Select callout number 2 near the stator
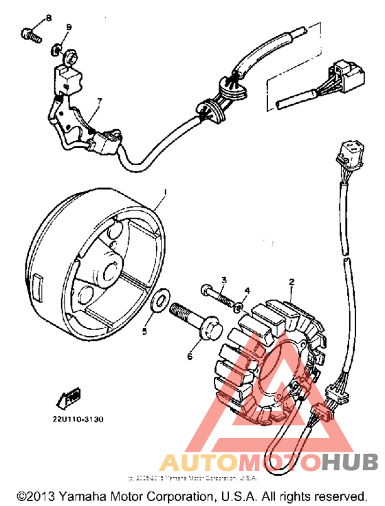291,282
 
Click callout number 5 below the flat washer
144,331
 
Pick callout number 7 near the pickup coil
98,102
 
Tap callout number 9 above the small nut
69,27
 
